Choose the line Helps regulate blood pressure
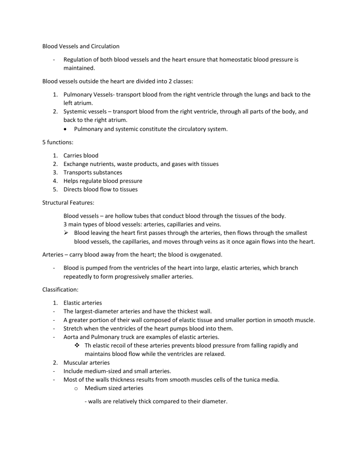(x=103, y=180)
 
